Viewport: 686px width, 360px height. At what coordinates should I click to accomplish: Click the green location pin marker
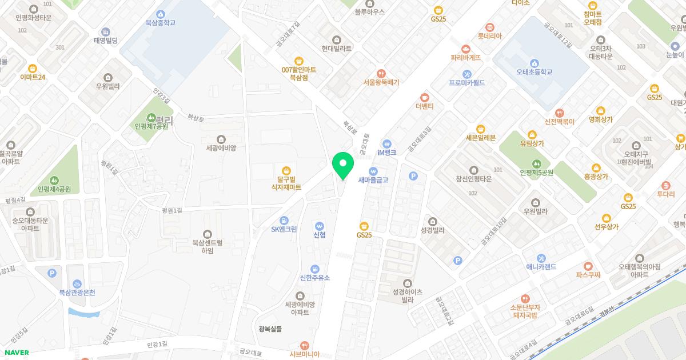(x=343, y=165)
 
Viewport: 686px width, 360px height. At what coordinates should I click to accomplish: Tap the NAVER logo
(x=15, y=353)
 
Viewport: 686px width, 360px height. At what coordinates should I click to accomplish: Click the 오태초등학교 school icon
(x=534, y=63)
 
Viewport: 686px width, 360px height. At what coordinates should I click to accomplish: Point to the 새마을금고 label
(x=373, y=180)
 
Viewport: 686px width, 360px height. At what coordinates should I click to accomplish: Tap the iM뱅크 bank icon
(x=387, y=143)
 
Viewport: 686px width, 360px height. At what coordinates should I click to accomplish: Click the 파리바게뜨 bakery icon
(x=466, y=49)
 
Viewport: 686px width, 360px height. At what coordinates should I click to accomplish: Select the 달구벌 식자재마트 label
(x=286, y=183)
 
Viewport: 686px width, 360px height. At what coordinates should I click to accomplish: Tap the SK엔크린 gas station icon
(x=284, y=221)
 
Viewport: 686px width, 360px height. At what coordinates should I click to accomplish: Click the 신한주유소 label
(x=315, y=278)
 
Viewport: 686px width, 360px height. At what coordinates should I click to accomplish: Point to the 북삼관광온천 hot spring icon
(x=77, y=283)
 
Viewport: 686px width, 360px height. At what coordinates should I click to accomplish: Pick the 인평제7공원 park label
(x=151, y=126)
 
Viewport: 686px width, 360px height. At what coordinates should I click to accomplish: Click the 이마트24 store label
(x=33, y=77)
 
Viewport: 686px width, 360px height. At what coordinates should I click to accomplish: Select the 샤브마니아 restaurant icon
(x=305, y=346)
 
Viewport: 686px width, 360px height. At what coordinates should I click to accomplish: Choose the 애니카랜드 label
(x=541, y=267)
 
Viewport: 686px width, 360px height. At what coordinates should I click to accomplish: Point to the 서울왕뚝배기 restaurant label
(x=381, y=82)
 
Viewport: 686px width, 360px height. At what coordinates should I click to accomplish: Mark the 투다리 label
(x=665, y=194)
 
